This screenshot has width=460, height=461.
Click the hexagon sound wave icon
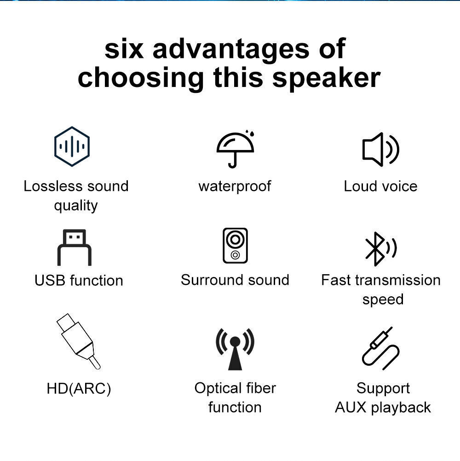(x=72, y=146)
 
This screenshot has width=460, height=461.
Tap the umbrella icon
(x=236, y=149)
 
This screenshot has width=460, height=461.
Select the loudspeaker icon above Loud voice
(x=380, y=149)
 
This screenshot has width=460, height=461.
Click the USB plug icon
(x=74, y=247)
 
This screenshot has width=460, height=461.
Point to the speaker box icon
(x=235, y=246)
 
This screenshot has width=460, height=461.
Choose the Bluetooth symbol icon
(x=380, y=248)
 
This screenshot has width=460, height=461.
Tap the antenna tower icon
(x=235, y=349)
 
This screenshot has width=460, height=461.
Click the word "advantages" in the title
(x=231, y=49)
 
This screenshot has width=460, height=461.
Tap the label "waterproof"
(x=235, y=186)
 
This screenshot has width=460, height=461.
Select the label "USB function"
(x=79, y=280)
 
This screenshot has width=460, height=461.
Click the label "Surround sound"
(x=235, y=280)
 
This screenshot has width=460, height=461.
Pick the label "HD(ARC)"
(x=79, y=389)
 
